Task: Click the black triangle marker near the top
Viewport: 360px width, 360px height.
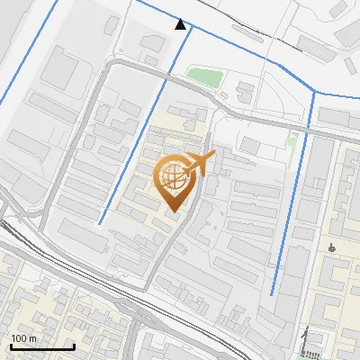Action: [x=181, y=24]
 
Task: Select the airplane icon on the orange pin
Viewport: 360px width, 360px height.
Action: [x=198, y=165]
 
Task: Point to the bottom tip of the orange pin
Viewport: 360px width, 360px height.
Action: [x=173, y=212]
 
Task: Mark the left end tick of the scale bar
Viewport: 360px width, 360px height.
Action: [x=11, y=346]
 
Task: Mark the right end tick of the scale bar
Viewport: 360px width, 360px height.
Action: [x=74, y=346]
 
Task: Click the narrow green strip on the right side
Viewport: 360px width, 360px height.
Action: [x=291, y=142]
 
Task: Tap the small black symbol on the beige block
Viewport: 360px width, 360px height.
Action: [x=333, y=246]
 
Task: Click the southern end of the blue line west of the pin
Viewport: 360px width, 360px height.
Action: [x=100, y=223]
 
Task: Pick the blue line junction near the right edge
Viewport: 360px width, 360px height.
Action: [x=314, y=94]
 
